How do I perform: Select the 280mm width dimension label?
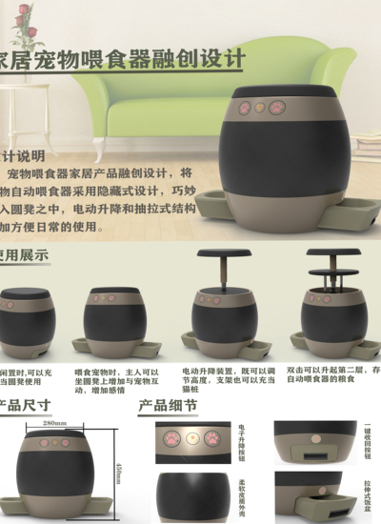[x=54, y=422]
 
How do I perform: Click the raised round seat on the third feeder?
[x=224, y=255]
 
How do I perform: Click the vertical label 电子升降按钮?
[x=242, y=441]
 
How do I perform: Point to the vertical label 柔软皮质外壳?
[x=242, y=494]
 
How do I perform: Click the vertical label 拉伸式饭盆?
[x=368, y=494]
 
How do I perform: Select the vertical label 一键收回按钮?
[x=368, y=441]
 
